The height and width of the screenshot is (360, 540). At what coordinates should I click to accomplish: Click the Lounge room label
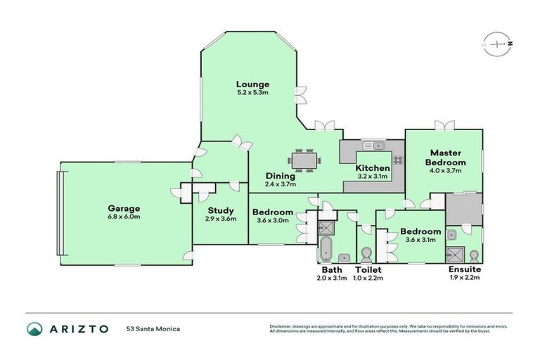(252, 84)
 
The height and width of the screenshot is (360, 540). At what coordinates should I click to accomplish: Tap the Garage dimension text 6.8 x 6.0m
(124, 217)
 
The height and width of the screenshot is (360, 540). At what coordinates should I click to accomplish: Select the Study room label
(220, 210)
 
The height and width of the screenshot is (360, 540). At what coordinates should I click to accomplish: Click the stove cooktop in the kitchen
(398, 160)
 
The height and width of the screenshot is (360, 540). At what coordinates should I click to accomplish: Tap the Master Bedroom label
(444, 157)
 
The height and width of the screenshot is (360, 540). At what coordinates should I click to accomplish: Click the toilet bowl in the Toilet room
(366, 253)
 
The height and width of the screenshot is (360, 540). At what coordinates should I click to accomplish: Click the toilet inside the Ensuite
(475, 254)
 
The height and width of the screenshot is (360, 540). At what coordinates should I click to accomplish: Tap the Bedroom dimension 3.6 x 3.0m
(273, 221)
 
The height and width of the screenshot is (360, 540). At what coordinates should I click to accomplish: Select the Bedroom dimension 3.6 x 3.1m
(420, 239)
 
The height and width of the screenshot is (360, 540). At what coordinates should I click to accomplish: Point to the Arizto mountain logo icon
(34, 328)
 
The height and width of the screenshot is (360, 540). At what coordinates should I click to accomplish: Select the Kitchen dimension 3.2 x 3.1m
(372, 177)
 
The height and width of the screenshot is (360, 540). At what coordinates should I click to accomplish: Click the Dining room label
(281, 176)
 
